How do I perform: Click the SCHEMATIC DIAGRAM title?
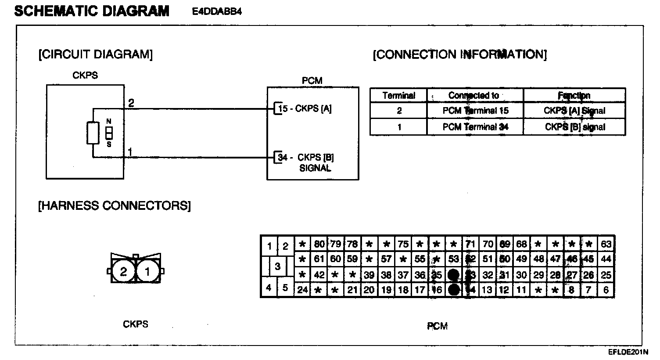[x=92, y=11]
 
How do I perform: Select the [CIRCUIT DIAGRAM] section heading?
[x=96, y=54]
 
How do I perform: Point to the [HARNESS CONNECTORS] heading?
[x=115, y=205]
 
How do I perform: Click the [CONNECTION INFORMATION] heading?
[x=459, y=54]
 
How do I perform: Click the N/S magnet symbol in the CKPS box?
[x=109, y=133]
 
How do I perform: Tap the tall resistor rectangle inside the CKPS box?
[x=93, y=133]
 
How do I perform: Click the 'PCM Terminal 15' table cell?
[x=475, y=111]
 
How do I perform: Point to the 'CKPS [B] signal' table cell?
[x=575, y=127]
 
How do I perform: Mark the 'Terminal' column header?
[x=398, y=95]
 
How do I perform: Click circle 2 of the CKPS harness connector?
[x=123, y=272]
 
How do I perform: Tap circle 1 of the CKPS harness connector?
[x=147, y=272]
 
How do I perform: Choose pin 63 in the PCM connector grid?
[x=606, y=244]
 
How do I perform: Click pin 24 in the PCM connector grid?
[x=302, y=290]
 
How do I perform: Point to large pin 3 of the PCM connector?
[x=277, y=266]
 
